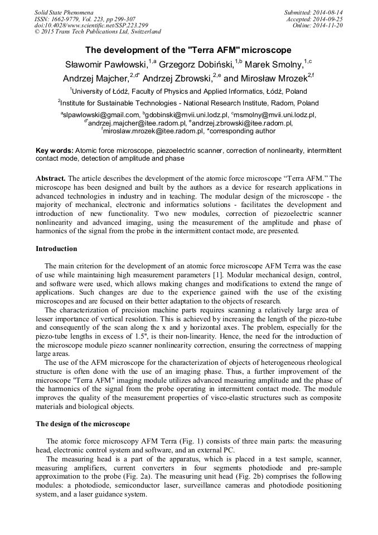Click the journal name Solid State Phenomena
tap(64, 12)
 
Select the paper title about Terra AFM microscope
tap(188, 50)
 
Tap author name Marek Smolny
tap(273, 64)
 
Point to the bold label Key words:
tap(54, 151)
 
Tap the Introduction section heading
tap(56, 248)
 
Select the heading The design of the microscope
tap(83, 423)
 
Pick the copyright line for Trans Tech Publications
tap(98, 32)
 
